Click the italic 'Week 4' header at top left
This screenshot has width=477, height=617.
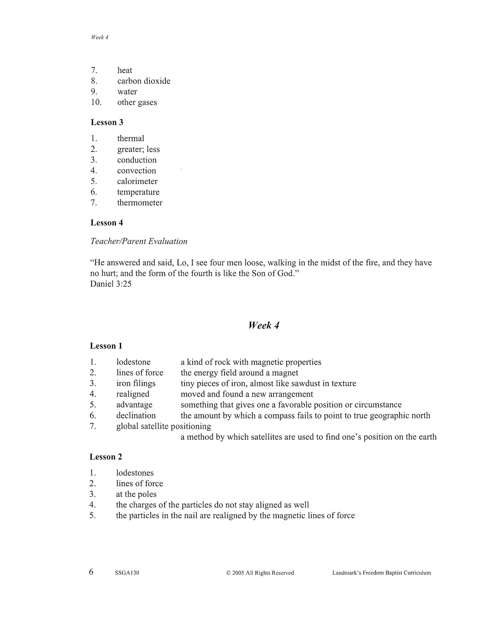pos(100,37)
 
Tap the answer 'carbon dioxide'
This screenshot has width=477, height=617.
pos(144,81)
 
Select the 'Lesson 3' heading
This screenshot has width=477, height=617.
pos(107,122)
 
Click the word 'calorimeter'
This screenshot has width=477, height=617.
pos(137,181)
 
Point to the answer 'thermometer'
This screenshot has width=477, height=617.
pos(140,203)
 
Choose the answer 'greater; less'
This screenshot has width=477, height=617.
pos(138,149)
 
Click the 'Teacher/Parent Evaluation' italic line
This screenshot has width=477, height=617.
pos(139,241)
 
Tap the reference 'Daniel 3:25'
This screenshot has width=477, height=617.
pos(111,284)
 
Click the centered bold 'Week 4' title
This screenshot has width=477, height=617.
pos(264,325)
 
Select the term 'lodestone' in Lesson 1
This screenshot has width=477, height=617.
pos(133,362)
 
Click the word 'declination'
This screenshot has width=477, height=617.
pos(136,415)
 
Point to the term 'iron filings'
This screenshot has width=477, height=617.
pos(136,383)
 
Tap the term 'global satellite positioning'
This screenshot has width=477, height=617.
pos(163,426)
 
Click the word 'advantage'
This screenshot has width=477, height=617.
pos(134,405)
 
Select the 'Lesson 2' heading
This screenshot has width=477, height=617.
pos(106,457)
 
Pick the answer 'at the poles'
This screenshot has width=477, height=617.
pos(136,494)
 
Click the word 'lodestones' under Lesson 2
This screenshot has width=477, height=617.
pos(135,473)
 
